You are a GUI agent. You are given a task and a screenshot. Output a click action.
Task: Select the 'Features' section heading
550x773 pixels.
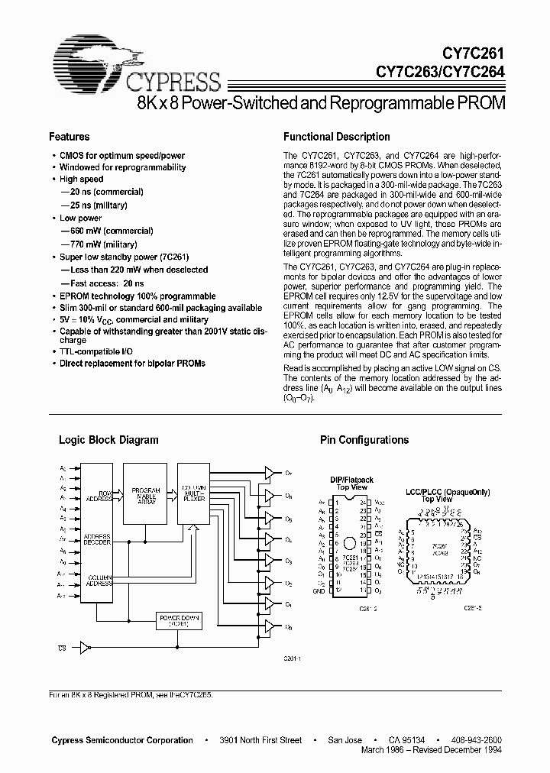point(69,137)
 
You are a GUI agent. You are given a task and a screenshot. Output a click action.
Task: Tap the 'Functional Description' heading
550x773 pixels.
point(336,137)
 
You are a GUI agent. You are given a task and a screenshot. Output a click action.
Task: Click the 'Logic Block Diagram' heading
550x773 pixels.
point(108,440)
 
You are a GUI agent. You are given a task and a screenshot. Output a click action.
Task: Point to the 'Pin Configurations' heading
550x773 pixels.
point(364,440)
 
